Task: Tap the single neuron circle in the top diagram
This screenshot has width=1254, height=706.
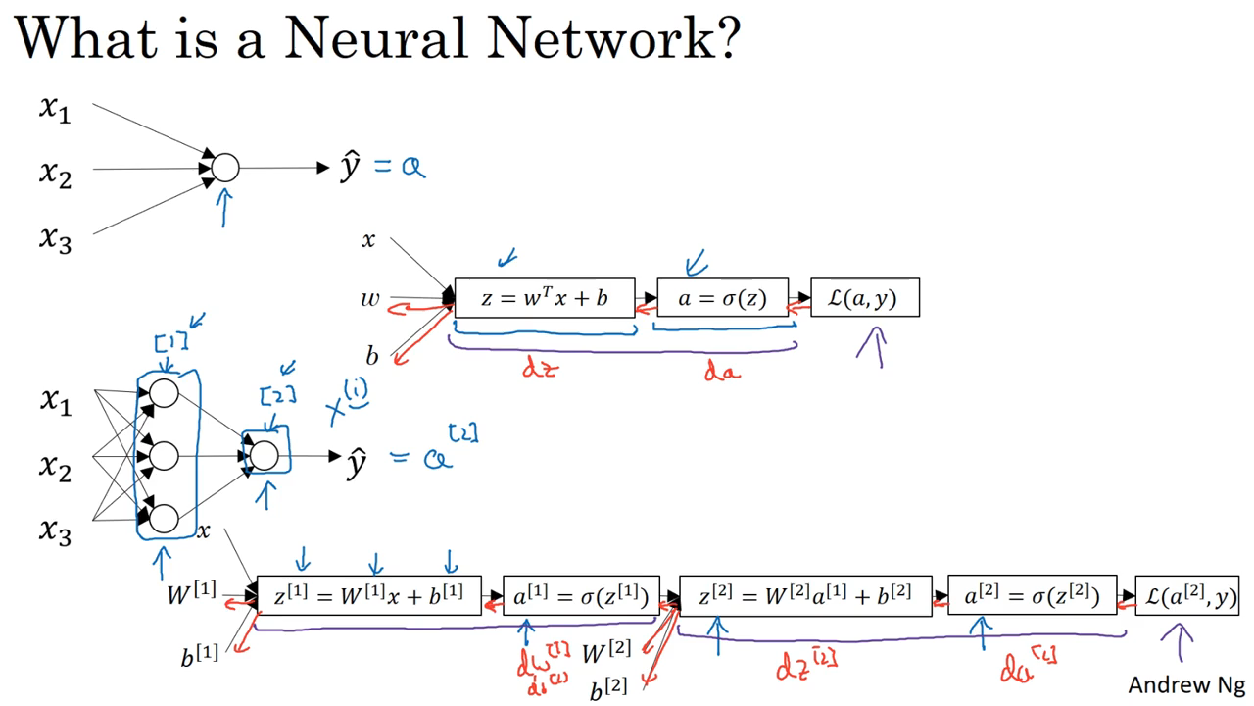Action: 225,168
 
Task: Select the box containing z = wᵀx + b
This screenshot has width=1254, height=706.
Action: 544,298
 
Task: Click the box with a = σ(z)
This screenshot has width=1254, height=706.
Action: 722,298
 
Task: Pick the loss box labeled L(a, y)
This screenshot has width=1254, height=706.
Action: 865,298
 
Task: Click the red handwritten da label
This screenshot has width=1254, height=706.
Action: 722,372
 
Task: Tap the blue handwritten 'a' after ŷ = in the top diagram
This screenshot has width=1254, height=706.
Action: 413,167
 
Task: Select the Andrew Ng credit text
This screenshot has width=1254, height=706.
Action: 1186,684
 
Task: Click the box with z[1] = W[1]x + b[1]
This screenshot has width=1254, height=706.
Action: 368,596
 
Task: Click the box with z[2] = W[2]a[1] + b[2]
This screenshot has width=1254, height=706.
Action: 804,596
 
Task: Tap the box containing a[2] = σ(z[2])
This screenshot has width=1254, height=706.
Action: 1032,596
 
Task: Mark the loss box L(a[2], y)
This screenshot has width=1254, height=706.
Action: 1187,596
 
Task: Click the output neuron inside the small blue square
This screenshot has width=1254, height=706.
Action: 265,455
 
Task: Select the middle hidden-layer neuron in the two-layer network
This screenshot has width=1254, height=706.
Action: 164,455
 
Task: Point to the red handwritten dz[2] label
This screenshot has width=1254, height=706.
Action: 805,665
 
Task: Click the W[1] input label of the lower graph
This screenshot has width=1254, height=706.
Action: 192,593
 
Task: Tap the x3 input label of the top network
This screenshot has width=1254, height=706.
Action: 56,237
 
